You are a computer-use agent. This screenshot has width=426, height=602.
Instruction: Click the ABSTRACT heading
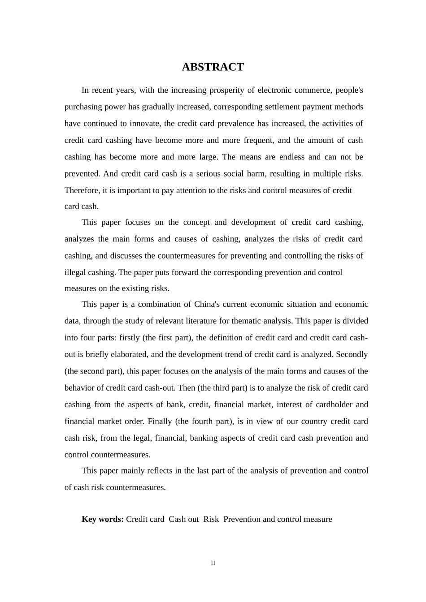point(213,67)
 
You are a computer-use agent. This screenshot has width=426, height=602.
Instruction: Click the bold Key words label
point(103,519)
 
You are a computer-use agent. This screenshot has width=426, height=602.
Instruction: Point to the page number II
point(213,563)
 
